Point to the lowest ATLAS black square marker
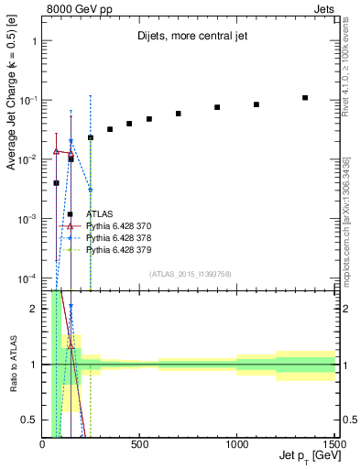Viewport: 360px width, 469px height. (x=56, y=183)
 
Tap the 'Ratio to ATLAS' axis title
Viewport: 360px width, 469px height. (x=13, y=363)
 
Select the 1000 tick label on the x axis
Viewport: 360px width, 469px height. (x=236, y=446)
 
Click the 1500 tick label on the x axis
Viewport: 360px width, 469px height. (x=333, y=446)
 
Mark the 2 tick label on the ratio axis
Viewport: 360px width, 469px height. (x=35, y=309)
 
